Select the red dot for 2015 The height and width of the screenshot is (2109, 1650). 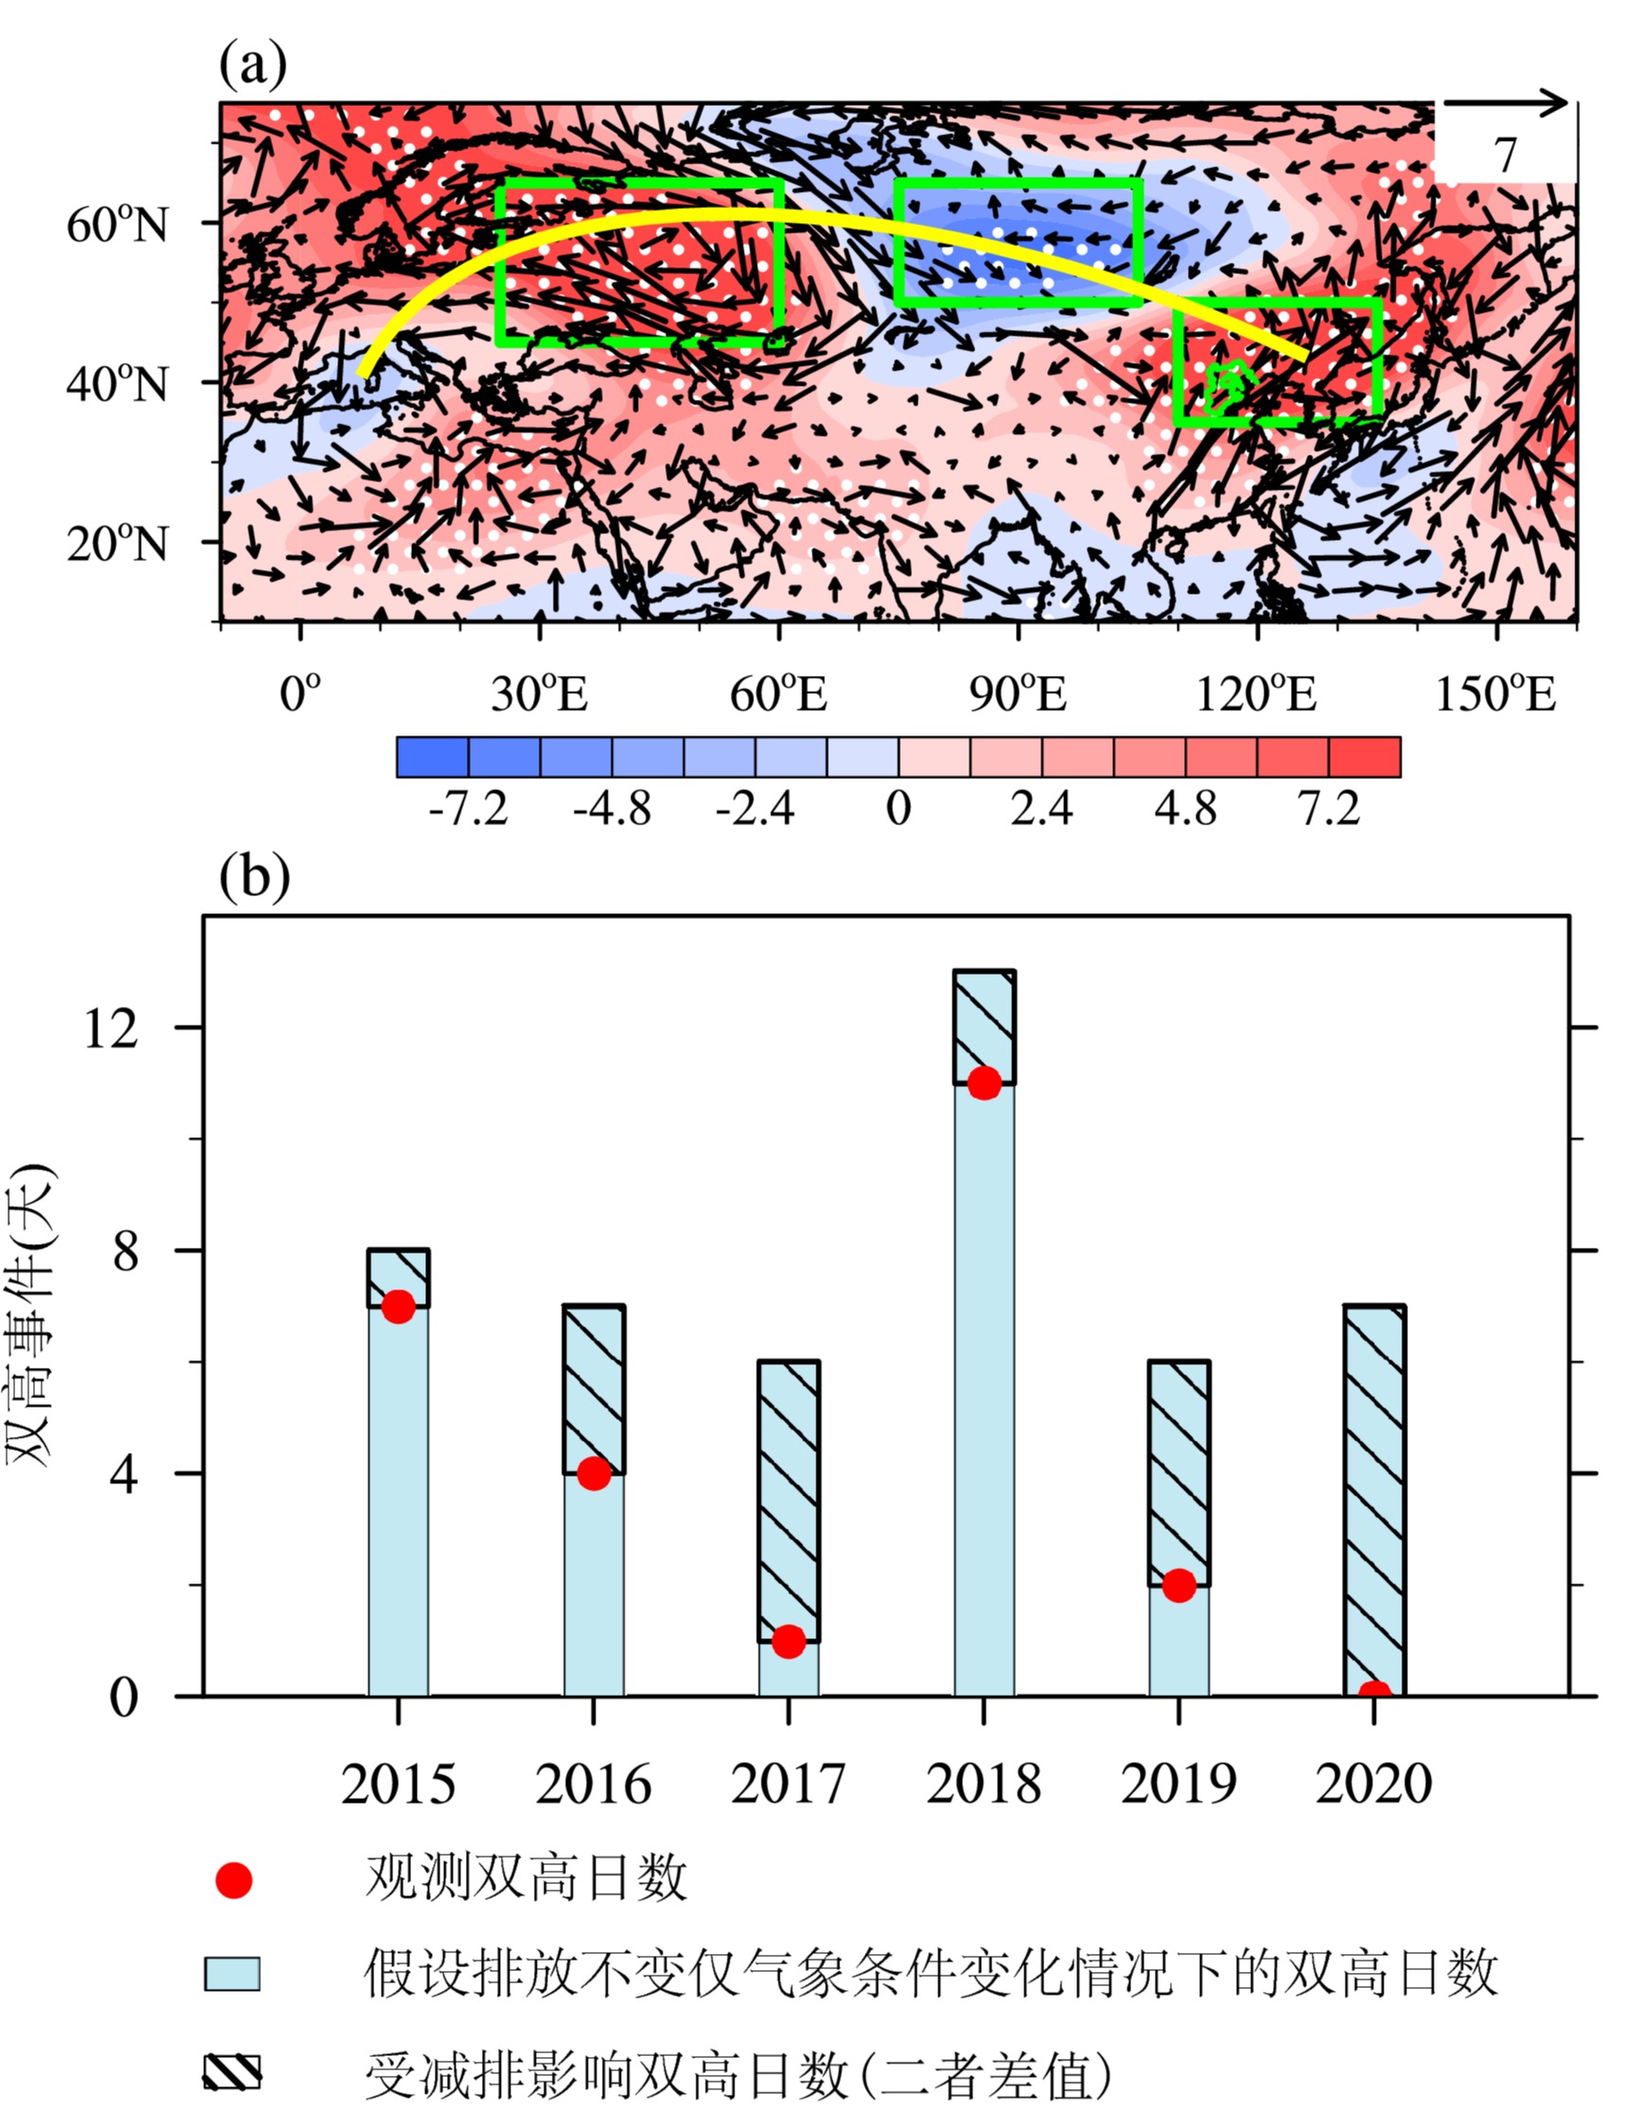click(x=398, y=1307)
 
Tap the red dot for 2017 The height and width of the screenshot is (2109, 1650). click(x=788, y=1641)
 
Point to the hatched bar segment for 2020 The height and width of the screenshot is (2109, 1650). click(x=1375, y=1501)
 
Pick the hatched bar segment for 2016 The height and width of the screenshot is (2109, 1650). click(x=594, y=1390)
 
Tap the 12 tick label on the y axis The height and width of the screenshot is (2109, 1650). click(x=111, y=1029)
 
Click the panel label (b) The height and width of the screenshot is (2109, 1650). click(x=254, y=877)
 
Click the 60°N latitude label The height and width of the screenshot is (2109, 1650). click(x=118, y=225)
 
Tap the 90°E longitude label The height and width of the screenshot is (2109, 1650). click(x=1018, y=694)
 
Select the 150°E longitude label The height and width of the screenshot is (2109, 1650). click(x=1495, y=694)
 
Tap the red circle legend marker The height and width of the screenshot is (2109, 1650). click(x=233, y=1880)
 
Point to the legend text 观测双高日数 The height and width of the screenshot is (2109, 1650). click(x=526, y=1878)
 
